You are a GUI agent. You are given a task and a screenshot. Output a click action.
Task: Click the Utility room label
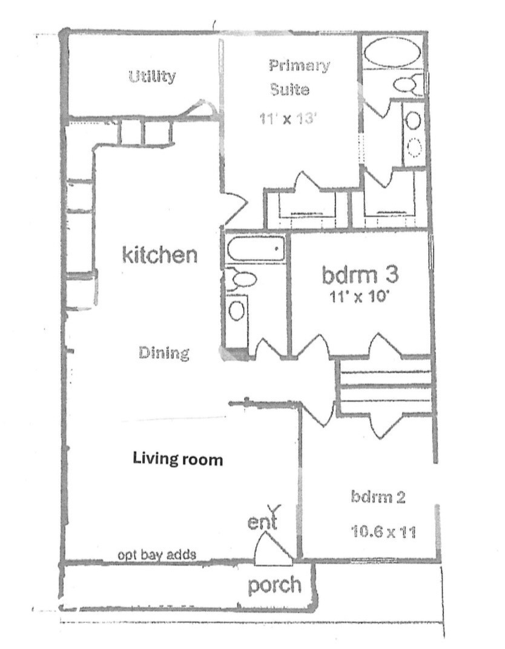point(152,76)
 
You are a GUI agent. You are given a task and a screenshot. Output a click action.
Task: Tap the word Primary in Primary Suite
point(299,66)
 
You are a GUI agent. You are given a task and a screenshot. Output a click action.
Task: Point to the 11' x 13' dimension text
point(288,119)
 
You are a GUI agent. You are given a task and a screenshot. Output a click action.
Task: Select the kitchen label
point(160,254)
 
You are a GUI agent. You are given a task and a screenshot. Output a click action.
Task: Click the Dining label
point(164,353)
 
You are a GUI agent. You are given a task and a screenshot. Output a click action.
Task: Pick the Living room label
point(178,459)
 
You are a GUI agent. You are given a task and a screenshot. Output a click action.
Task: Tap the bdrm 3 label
point(360,274)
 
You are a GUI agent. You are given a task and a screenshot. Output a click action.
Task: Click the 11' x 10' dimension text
point(358,297)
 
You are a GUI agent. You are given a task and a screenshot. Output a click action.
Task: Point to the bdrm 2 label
point(378,496)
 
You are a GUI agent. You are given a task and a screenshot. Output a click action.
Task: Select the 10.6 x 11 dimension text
point(383,531)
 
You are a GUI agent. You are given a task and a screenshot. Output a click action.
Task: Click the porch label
point(275,585)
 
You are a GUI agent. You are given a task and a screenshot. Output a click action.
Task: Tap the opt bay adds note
point(157,555)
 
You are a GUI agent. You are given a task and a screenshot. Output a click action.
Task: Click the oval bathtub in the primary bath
point(393,52)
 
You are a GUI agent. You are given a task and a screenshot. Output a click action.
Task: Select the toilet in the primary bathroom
point(408,84)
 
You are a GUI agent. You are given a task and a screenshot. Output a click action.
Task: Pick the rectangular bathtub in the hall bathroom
point(256,249)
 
